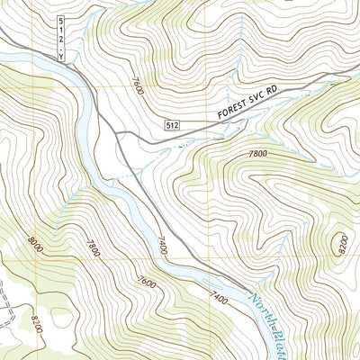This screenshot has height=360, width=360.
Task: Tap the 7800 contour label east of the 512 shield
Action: (257, 155)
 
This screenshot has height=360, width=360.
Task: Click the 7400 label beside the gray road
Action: (162, 245)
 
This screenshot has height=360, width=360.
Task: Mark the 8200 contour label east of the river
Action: (339, 244)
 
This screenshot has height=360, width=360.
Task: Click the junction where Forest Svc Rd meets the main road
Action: (117, 133)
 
